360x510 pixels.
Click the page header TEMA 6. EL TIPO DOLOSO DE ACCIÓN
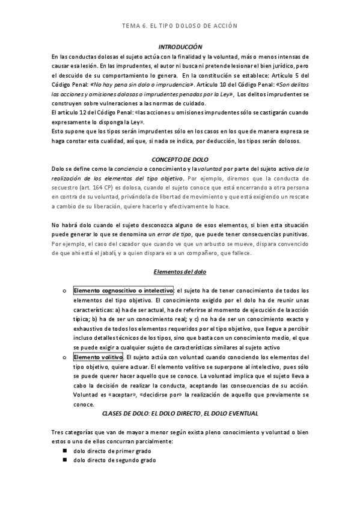pos(180,26)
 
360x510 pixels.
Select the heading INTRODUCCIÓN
pos(180,47)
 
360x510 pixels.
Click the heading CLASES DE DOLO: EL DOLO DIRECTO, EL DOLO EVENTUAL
pos(180,414)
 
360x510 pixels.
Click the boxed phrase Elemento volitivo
pos(98,357)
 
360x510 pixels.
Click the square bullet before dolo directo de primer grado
pos(64,450)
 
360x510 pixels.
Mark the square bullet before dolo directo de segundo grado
pos(64,460)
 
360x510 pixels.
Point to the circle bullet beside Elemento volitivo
pos(64,357)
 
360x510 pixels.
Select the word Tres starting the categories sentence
pos(59,432)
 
